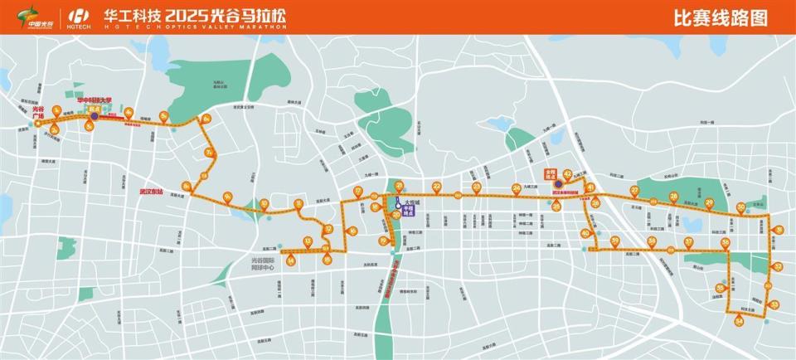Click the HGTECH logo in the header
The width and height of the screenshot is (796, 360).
80,17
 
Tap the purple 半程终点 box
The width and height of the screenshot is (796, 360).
406,211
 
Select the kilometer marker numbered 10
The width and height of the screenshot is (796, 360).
265,203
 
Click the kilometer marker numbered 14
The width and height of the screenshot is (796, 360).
291,260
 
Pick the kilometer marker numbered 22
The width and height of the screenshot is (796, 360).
436,186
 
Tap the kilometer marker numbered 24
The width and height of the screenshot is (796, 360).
517,187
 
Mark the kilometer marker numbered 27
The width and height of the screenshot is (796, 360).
635,191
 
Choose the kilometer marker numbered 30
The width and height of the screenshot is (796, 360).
741,207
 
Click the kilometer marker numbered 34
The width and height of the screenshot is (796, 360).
739,320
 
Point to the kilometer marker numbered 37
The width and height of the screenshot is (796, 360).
688,241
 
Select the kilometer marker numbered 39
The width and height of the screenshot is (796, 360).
615,241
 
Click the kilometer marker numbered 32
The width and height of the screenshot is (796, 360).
778,266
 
